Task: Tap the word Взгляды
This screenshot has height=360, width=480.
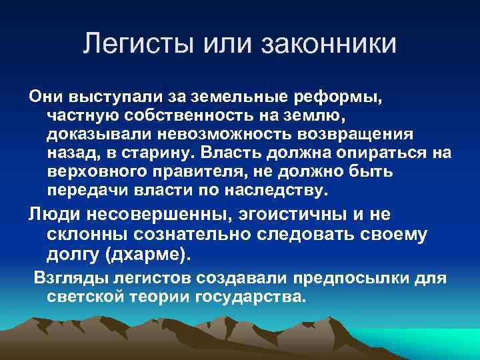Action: (x=65, y=277)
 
